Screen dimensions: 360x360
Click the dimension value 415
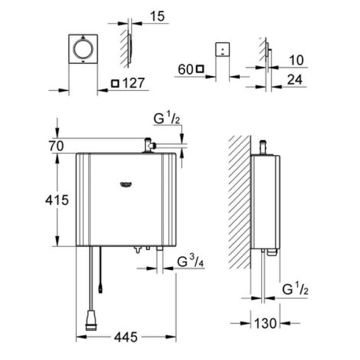click(57, 200)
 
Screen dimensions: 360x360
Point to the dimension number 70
click(57, 146)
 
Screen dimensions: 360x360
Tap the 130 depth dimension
click(265, 323)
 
